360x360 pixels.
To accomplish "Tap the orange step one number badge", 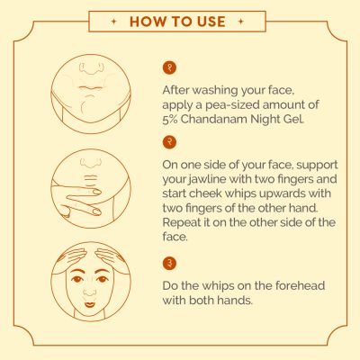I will click(x=169, y=68).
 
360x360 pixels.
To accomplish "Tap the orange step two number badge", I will click(x=169, y=142).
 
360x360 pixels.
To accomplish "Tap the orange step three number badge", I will click(x=169, y=264).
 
